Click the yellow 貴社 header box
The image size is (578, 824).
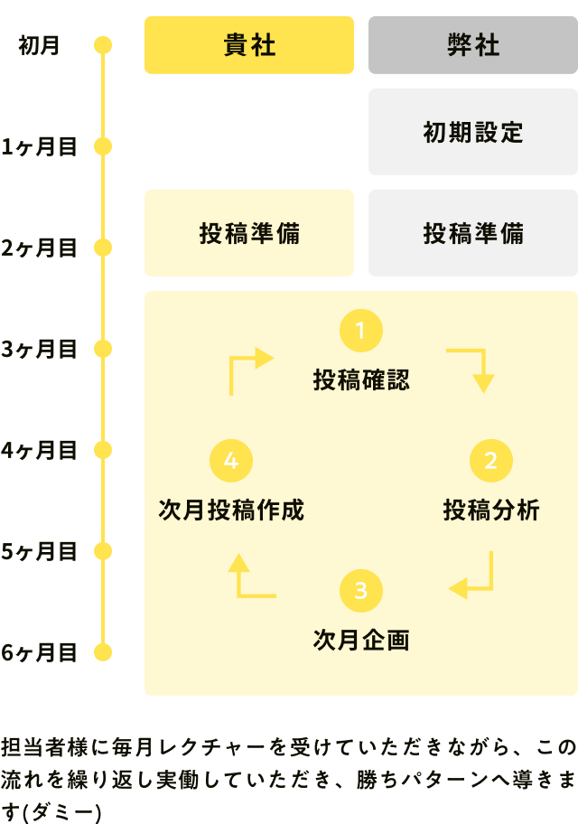click(248, 45)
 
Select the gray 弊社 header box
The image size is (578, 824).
click(472, 45)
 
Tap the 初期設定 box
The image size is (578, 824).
click(472, 132)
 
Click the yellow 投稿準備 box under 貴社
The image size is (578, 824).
click(248, 233)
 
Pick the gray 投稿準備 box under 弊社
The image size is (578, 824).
click(472, 233)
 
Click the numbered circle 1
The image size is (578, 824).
click(360, 331)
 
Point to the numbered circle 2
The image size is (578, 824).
click(490, 461)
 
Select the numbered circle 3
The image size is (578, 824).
click(360, 591)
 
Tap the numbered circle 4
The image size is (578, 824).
click(230, 461)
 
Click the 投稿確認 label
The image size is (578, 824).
click(360, 380)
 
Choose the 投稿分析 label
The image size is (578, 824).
click(490, 510)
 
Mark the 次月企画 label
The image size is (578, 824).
click(360, 641)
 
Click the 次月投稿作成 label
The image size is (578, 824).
click(230, 510)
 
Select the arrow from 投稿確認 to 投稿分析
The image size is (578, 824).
click(473, 366)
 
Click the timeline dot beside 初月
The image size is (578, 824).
click(103, 45)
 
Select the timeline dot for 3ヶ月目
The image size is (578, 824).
click(103, 349)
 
